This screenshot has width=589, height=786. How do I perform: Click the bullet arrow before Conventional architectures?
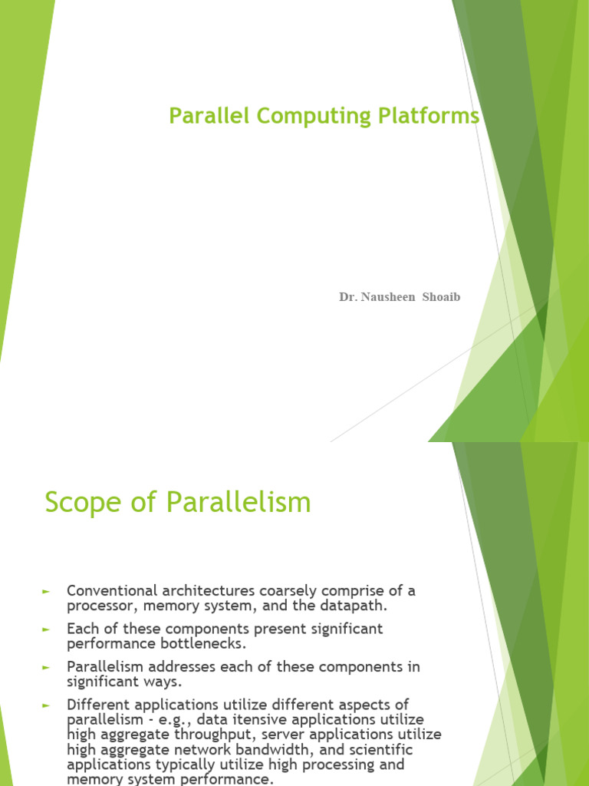click(46, 591)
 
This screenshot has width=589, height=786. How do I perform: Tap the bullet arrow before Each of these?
click(46, 629)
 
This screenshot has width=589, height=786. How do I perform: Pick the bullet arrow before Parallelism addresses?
click(46, 667)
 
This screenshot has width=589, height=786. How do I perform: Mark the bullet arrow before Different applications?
click(46, 705)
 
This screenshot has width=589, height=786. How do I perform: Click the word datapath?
click(352, 606)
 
